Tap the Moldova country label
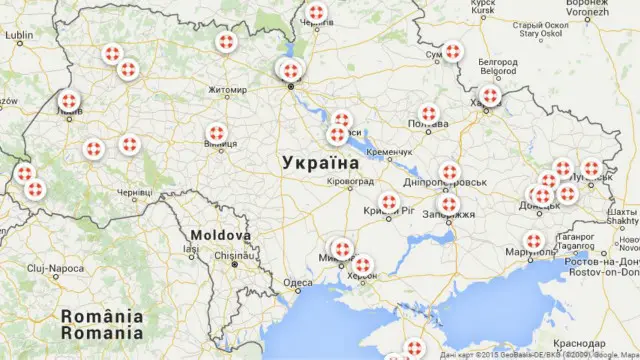(x=221, y=235)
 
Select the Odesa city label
(x=298, y=283)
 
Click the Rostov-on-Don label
(x=602, y=271)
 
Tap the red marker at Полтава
(x=429, y=114)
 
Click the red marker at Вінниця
(x=217, y=134)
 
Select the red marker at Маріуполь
(x=533, y=241)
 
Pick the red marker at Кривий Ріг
(x=389, y=203)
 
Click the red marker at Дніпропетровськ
(x=449, y=172)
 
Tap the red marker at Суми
(x=453, y=51)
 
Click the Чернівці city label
(x=134, y=192)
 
